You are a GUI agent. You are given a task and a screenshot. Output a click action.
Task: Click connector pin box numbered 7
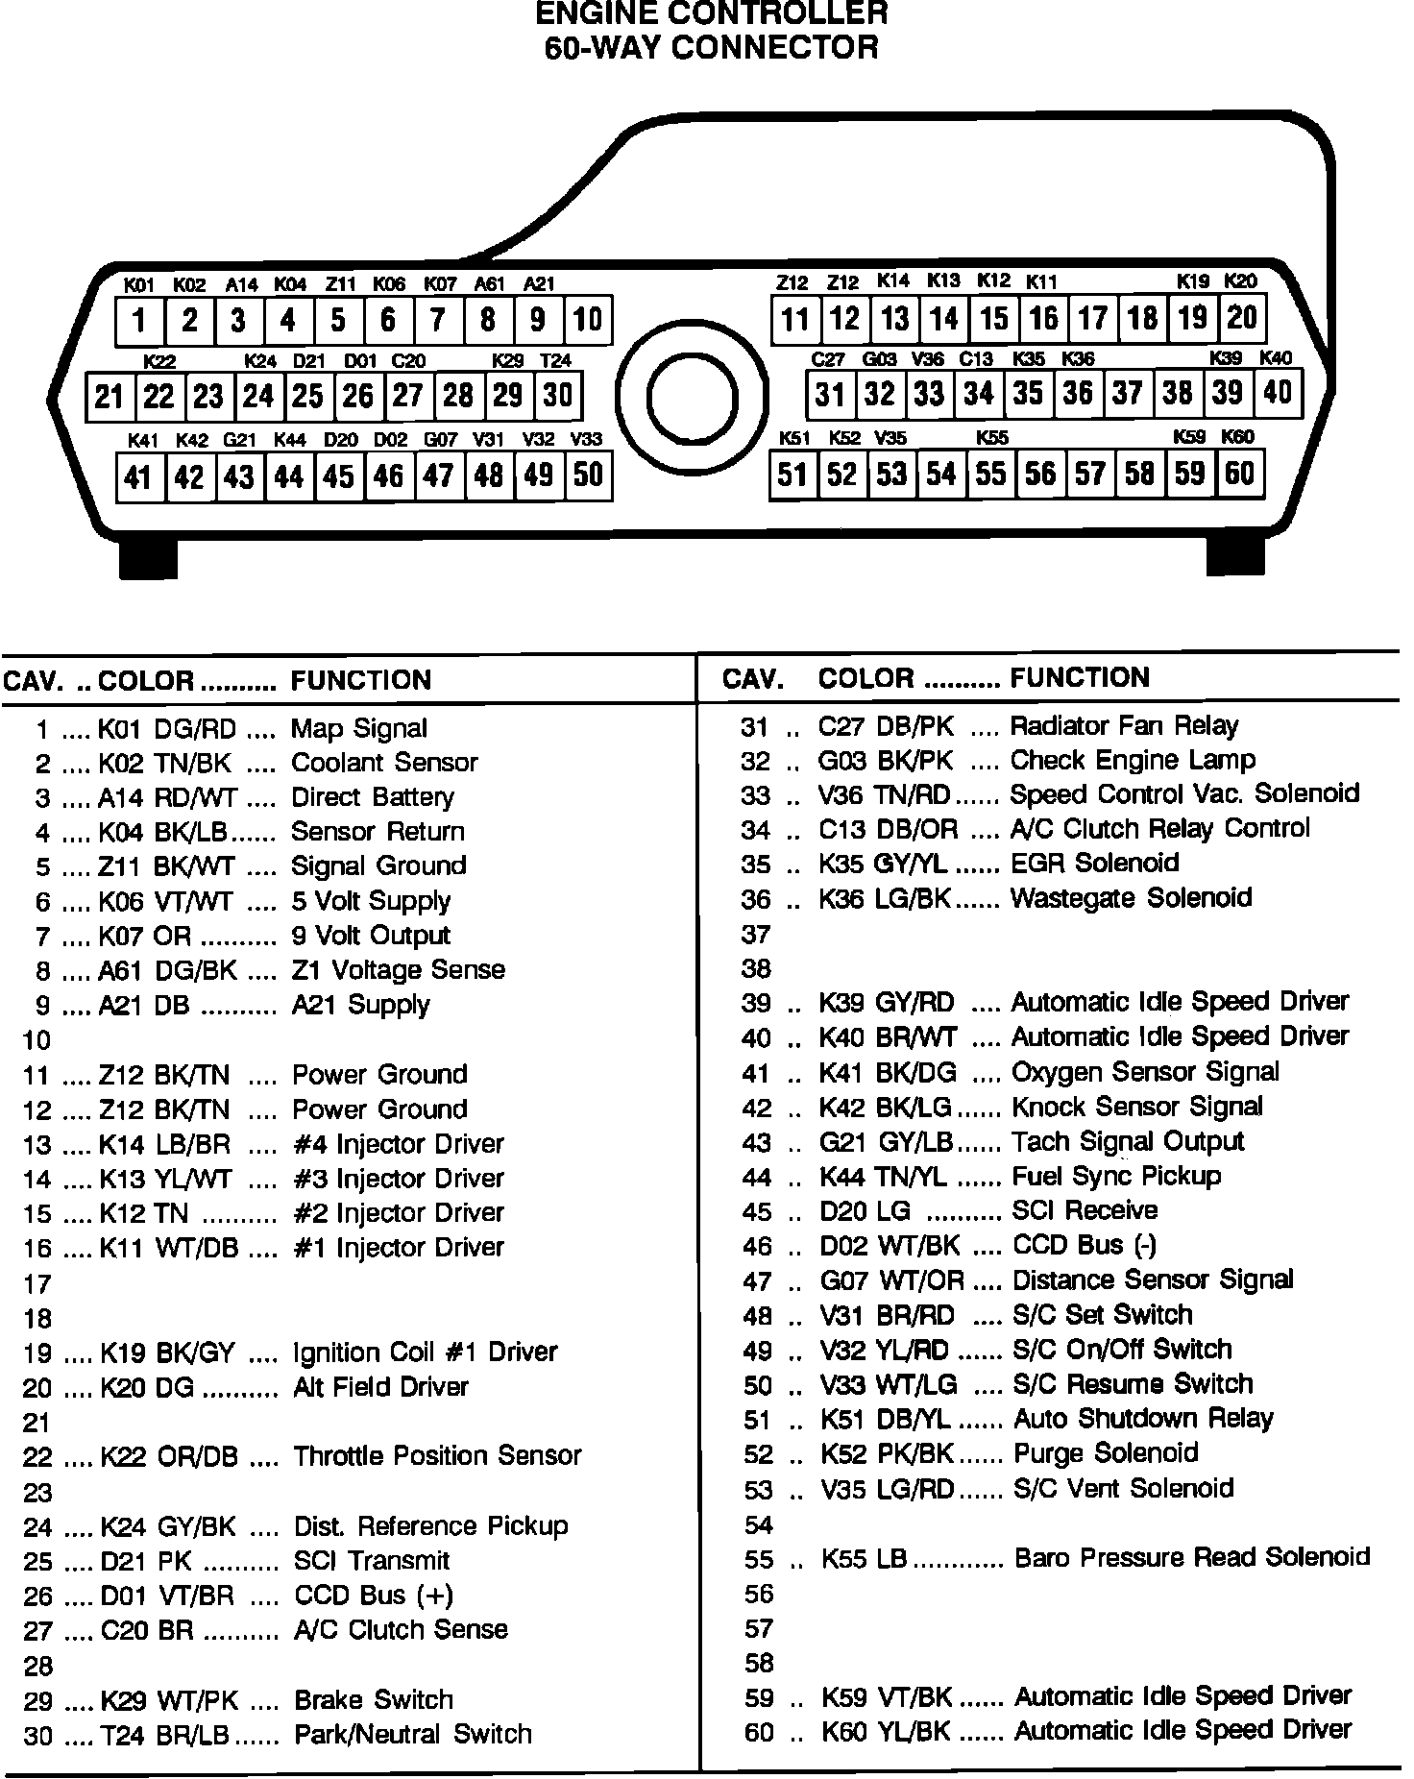click(438, 321)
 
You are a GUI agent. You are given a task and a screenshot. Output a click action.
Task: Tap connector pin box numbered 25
click(308, 396)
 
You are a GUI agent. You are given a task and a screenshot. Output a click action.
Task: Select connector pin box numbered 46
click(389, 475)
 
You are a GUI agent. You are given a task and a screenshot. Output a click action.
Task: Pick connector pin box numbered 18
click(1142, 318)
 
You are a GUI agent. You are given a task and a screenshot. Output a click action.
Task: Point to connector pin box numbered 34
click(979, 393)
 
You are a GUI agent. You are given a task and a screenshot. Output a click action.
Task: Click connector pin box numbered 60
click(1239, 474)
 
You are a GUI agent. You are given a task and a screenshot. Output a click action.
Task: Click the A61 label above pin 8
click(489, 284)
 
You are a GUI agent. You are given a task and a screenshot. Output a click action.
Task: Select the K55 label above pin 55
click(991, 438)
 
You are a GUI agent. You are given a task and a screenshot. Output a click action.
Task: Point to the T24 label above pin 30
click(555, 361)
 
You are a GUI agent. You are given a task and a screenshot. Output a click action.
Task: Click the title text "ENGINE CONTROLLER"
click(711, 14)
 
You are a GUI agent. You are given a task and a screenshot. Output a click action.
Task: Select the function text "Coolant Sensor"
click(384, 763)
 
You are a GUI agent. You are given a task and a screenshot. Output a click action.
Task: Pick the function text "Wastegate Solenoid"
click(1132, 898)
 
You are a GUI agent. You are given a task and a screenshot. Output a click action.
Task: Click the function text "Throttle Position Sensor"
click(438, 1456)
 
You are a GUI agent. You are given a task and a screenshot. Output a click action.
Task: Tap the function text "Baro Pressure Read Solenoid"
click(1192, 1557)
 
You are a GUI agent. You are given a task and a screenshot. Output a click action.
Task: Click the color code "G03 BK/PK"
click(886, 761)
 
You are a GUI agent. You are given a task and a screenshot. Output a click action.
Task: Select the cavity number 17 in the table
click(37, 1283)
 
